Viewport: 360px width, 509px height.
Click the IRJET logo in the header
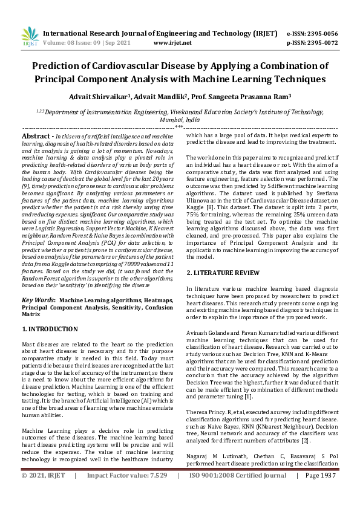click(x=30, y=37)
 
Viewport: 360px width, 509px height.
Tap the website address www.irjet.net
click(x=172, y=43)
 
